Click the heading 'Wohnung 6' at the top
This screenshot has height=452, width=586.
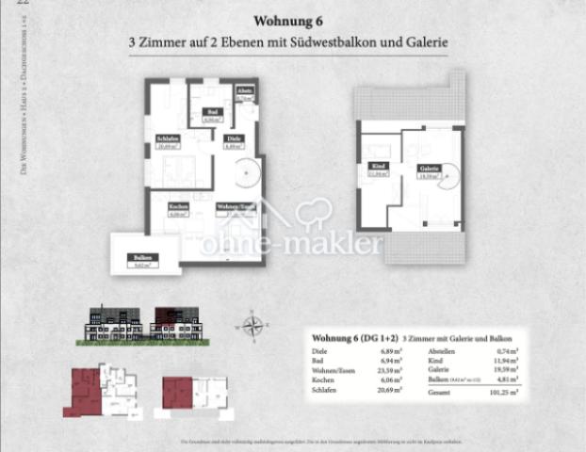click(289, 21)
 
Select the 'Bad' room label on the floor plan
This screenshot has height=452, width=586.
click(212, 112)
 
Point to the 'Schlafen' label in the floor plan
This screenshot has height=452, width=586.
click(168, 140)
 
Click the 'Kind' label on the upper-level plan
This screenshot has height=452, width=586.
click(378, 166)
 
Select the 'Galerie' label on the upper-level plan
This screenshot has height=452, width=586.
click(429, 169)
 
